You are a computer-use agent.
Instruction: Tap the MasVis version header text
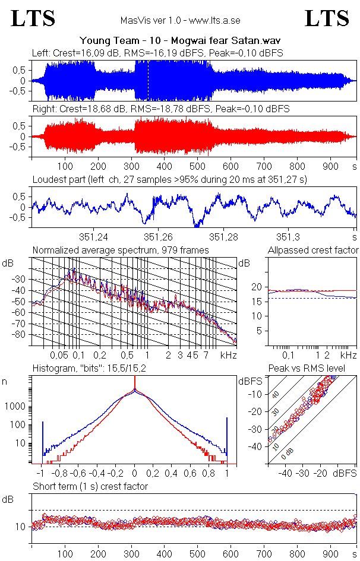pyautogui.click(x=180, y=20)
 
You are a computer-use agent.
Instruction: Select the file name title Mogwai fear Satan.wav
pyautogui.click(x=180, y=40)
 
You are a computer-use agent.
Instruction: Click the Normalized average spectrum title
pyautogui.click(x=121, y=250)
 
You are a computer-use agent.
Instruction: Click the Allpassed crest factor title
pyautogui.click(x=313, y=250)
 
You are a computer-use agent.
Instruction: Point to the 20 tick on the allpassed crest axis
pyautogui.click(x=257, y=287)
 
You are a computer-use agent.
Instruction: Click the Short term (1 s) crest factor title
pyautogui.click(x=90, y=486)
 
